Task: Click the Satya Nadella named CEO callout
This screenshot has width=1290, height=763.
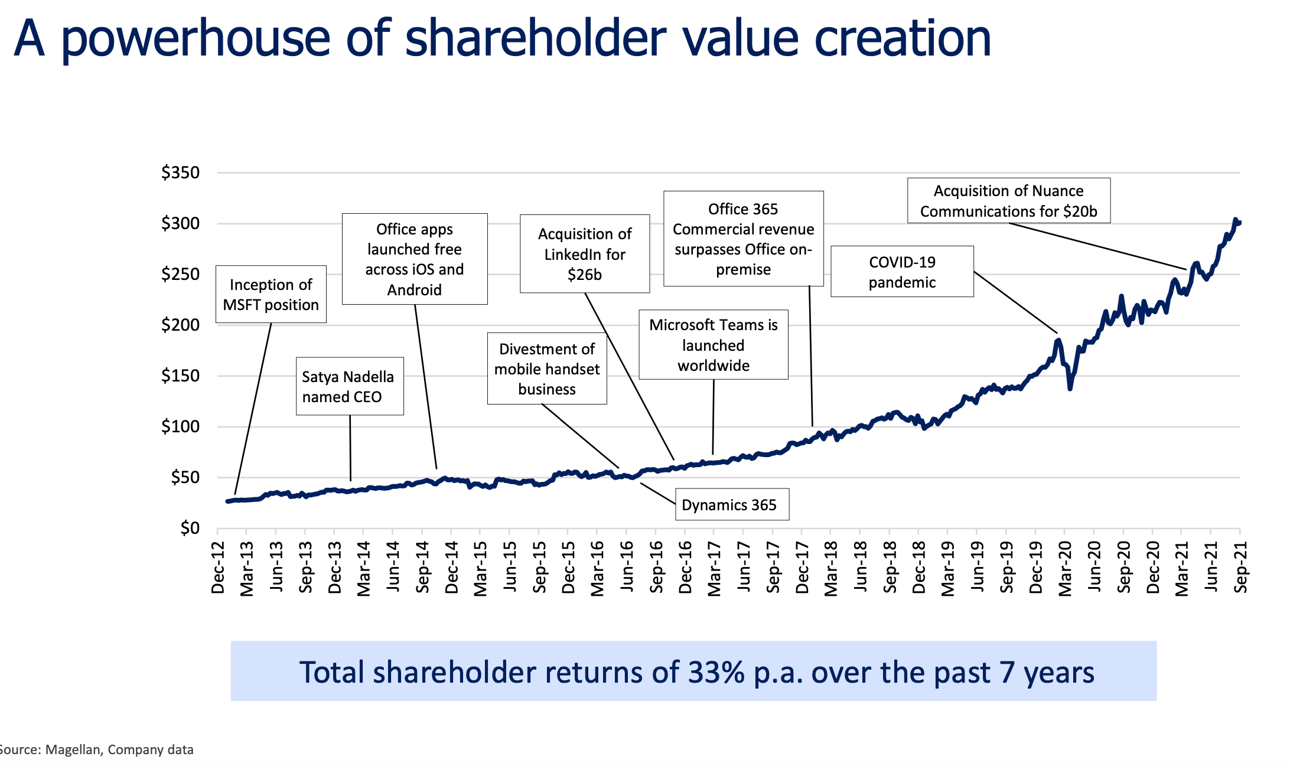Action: tap(349, 386)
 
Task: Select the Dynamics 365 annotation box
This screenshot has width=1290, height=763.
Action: tap(731, 504)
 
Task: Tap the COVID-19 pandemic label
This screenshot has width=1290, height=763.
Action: tap(901, 272)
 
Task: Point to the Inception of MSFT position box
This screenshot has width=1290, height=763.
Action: tap(271, 294)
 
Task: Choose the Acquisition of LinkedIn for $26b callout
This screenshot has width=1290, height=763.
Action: tap(584, 254)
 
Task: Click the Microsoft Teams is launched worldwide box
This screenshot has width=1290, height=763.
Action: tap(713, 345)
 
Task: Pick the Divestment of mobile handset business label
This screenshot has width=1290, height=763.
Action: tap(546, 369)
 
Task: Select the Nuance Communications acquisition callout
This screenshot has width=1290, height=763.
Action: tap(1008, 201)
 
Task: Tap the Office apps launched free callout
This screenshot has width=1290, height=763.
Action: tap(414, 259)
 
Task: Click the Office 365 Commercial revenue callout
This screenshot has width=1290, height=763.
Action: tap(743, 239)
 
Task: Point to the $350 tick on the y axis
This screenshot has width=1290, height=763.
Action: tap(181, 173)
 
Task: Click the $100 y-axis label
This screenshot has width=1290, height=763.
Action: tap(181, 426)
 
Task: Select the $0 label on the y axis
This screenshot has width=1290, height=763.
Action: tap(190, 528)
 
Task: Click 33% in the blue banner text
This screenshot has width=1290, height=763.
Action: tap(716, 672)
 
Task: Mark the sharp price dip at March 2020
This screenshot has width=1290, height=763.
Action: tap(1070, 388)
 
